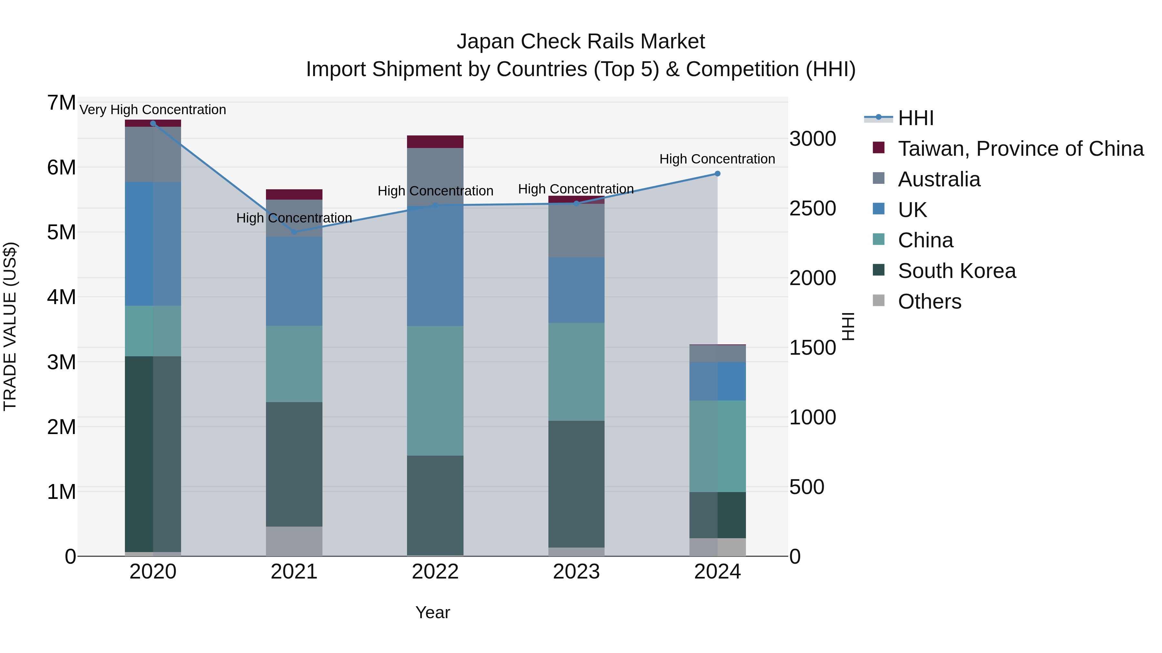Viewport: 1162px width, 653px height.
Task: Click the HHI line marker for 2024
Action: [x=717, y=173]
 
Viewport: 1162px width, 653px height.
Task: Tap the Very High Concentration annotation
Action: [x=152, y=110]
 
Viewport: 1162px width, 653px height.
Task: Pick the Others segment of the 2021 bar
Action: [x=294, y=541]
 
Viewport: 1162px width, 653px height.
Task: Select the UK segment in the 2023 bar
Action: [x=576, y=290]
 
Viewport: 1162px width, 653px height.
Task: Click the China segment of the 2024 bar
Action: [x=717, y=446]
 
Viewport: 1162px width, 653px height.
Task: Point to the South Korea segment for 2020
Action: [x=152, y=454]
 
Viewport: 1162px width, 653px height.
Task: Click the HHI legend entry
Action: [x=916, y=118]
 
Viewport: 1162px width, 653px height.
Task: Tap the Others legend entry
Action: [x=929, y=302]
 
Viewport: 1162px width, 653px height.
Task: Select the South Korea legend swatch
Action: [x=878, y=270]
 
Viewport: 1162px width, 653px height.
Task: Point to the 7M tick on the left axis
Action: [x=61, y=103]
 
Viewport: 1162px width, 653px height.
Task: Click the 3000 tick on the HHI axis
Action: [x=812, y=139]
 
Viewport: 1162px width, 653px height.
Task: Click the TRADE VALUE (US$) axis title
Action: [x=10, y=326]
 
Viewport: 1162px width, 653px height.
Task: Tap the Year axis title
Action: [x=432, y=612]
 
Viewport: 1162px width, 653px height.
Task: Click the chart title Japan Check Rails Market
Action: [x=581, y=42]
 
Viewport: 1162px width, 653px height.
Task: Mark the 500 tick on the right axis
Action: [x=807, y=487]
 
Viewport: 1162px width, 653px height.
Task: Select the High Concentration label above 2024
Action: [x=717, y=159]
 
